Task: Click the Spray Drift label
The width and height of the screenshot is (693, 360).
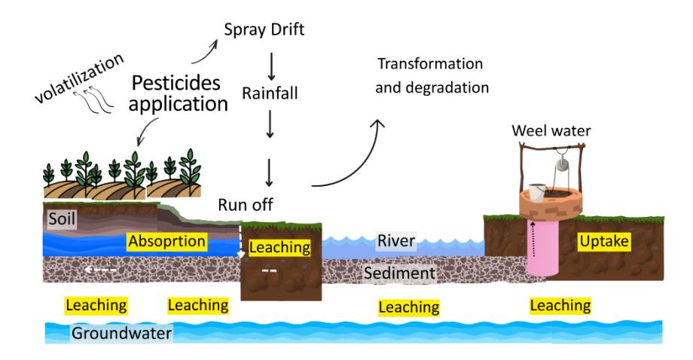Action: coord(264,29)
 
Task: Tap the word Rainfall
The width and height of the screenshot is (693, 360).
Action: coord(270,93)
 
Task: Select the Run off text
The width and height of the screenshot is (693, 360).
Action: coord(246,205)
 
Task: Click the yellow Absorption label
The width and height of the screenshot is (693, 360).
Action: coord(166,241)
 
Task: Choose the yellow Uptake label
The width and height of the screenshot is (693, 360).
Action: coord(604,241)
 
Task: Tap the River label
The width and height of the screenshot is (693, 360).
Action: coord(396,241)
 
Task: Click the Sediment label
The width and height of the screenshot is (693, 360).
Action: coord(399,273)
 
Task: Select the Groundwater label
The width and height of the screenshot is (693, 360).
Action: coord(121,333)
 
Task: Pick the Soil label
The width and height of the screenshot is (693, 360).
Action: coord(62,218)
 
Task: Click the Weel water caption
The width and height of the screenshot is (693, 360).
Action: coord(551,131)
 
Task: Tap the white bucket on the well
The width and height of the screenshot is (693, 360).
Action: coord(536,192)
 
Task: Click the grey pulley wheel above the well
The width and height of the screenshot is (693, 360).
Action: coord(562,164)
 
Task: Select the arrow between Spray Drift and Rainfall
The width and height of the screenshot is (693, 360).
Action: coord(271,66)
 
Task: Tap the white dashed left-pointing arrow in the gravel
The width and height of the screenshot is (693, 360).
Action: coord(101,270)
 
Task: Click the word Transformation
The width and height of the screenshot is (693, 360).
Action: coord(430,63)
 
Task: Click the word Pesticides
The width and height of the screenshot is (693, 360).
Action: coord(176,83)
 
